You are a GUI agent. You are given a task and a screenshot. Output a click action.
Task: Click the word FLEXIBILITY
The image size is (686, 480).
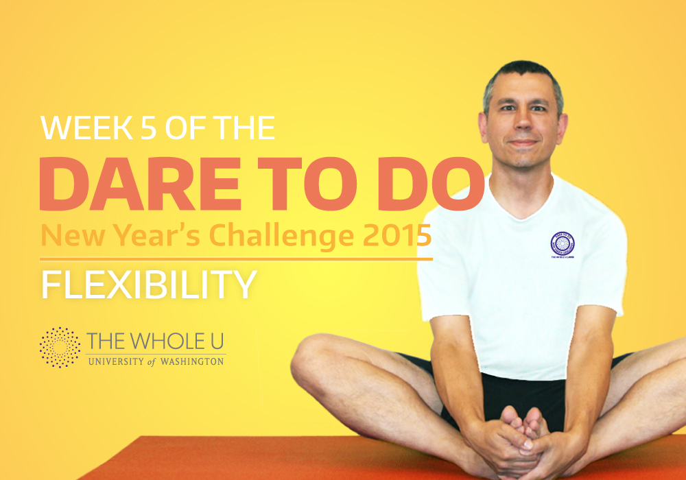[149, 285]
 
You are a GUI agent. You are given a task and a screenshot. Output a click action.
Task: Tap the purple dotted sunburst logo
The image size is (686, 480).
[60, 348]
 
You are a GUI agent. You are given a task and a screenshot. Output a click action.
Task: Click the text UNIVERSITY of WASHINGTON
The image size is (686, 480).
[156, 361]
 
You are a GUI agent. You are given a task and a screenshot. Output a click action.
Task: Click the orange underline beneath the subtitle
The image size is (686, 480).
[236, 259]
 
